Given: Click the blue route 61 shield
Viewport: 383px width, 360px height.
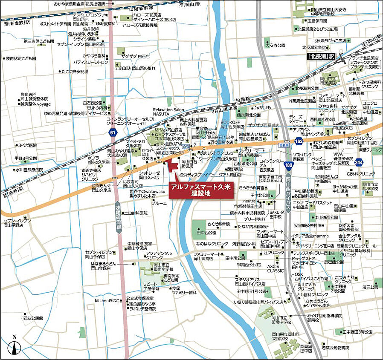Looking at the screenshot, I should click(x=112, y=133).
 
